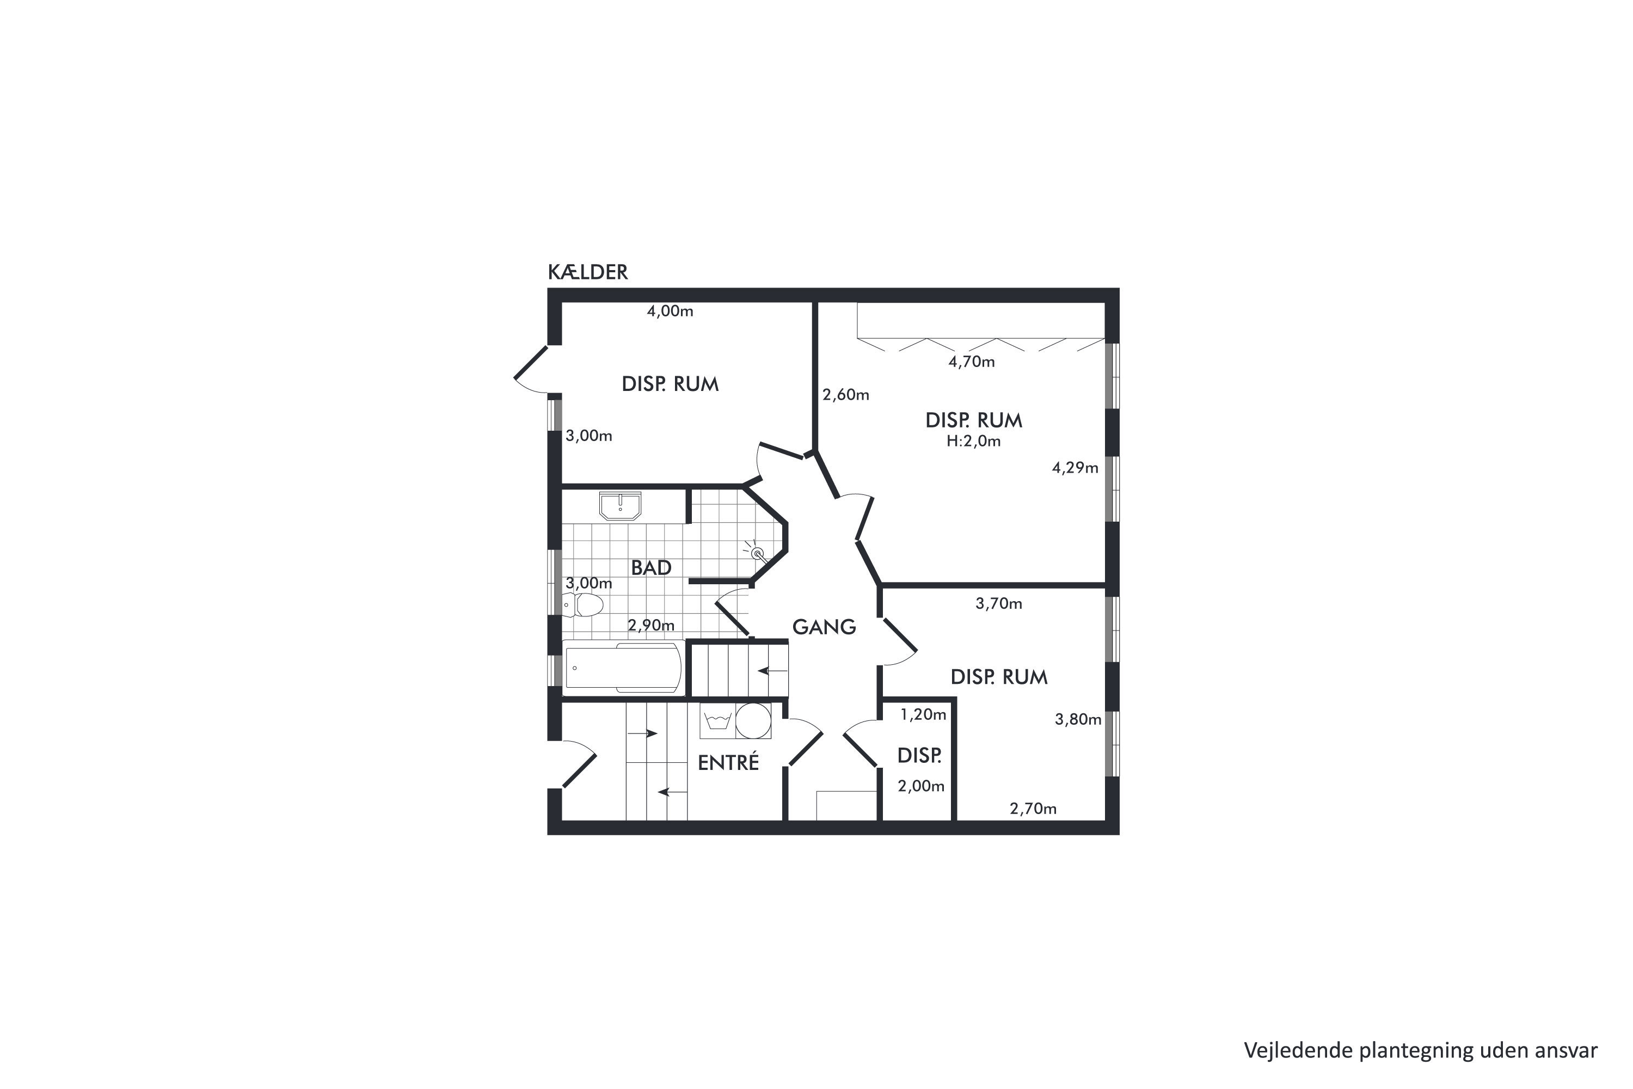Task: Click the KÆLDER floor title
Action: coord(587,272)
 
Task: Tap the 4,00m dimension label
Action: coord(670,311)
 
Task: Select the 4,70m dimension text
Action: coord(971,362)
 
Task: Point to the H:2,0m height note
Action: coord(973,441)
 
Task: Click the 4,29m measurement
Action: coord(1075,468)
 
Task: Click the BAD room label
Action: coord(651,567)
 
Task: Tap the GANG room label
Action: coord(824,627)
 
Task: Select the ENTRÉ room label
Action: coord(728,763)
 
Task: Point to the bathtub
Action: coord(623,668)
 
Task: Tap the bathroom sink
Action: coord(620,506)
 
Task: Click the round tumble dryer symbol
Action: coord(753,721)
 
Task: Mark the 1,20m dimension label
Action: coord(923,714)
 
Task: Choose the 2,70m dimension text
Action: coord(1033,809)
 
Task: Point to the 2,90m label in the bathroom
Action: coord(651,625)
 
